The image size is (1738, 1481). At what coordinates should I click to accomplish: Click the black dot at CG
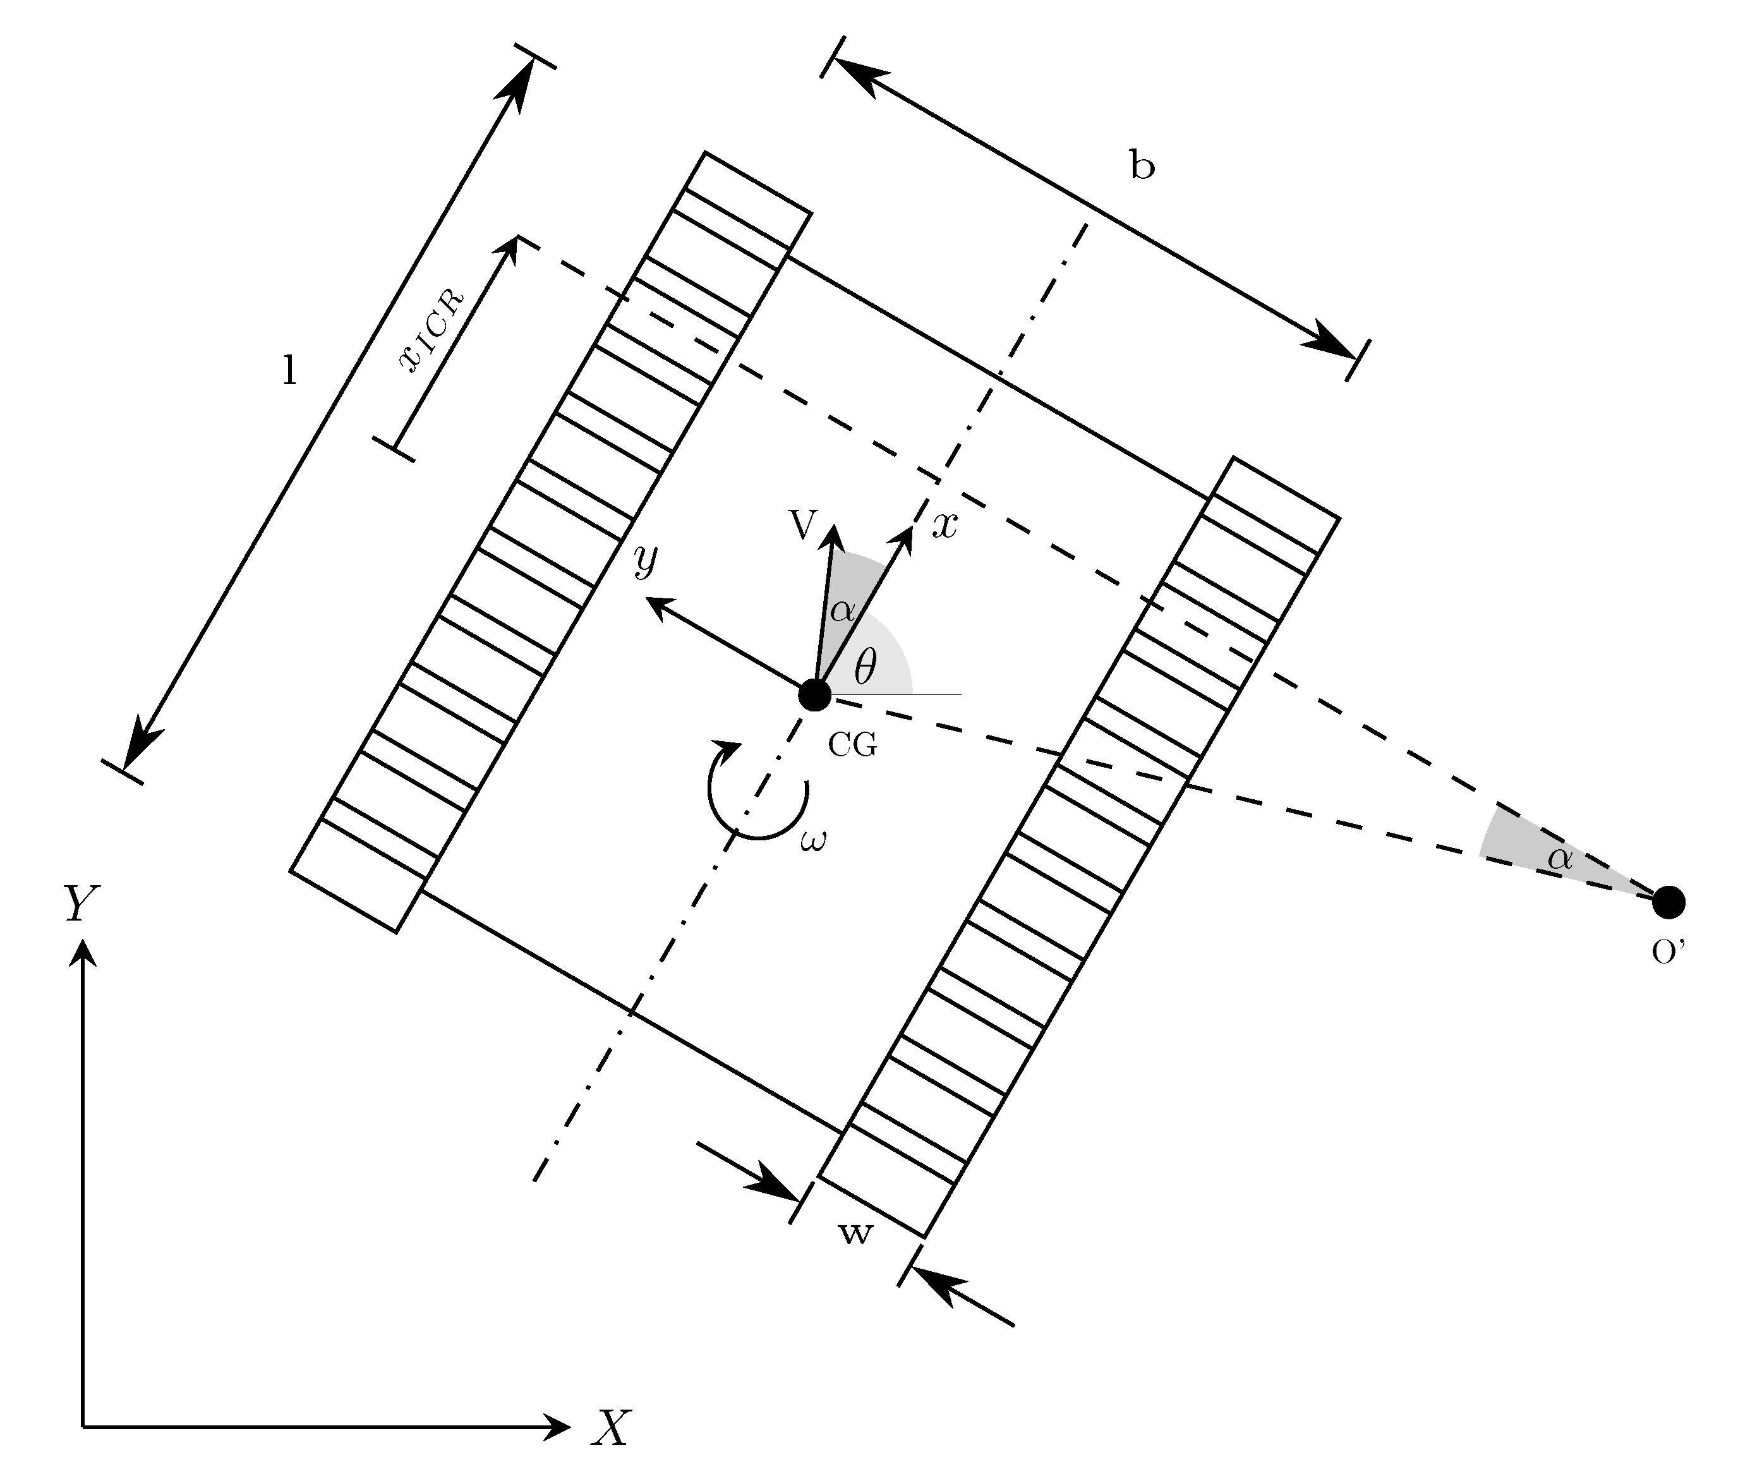[x=814, y=695]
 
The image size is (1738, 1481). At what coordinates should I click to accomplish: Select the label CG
[x=852, y=744]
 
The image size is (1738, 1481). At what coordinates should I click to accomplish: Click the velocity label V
[x=803, y=524]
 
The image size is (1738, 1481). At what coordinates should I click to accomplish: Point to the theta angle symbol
[x=865, y=668]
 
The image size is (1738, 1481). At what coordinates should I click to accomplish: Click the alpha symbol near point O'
[x=1560, y=857]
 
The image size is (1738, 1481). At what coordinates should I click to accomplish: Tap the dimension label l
[x=289, y=370]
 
